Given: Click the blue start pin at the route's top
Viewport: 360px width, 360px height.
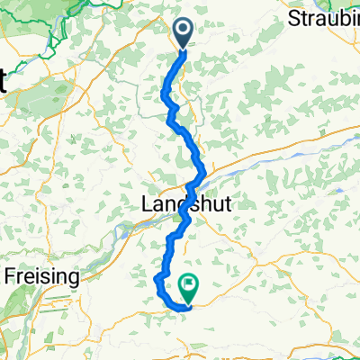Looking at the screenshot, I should pyautogui.click(x=182, y=34).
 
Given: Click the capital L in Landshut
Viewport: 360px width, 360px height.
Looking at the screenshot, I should pyautogui.click(x=147, y=205).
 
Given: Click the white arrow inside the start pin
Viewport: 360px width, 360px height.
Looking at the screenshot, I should pyautogui.click(x=182, y=31).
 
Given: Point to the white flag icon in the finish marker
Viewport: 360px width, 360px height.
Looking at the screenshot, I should pyautogui.click(x=191, y=285).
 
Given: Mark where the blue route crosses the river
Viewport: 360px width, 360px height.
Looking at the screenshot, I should pyautogui.click(x=202, y=175).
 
